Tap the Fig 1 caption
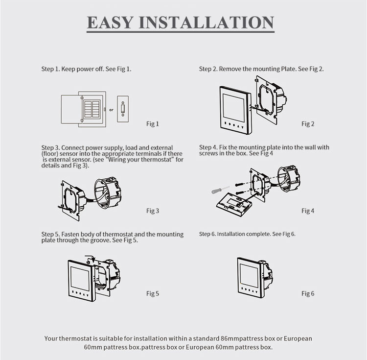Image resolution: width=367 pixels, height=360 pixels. click(x=153, y=124)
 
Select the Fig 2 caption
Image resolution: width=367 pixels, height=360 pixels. click(x=308, y=124)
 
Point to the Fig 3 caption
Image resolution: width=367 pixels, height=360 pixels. click(x=153, y=211)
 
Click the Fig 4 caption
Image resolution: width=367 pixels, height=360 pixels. click(x=308, y=211)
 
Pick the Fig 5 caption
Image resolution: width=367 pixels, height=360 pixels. click(x=153, y=293)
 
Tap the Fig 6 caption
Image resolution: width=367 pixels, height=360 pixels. click(x=308, y=293)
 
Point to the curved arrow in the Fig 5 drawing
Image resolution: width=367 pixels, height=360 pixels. click(x=90, y=257)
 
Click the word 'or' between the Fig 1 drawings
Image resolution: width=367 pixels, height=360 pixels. click(x=111, y=110)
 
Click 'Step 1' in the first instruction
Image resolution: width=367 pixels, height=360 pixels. click(x=50, y=69)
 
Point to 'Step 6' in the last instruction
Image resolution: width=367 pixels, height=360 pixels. click(x=207, y=234)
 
